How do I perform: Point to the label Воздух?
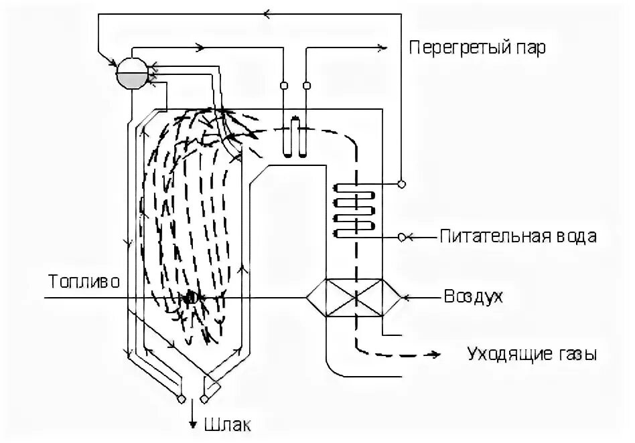click(x=473, y=296)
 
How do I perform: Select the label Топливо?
click(x=84, y=281)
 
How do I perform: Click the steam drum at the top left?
click(x=132, y=71)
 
